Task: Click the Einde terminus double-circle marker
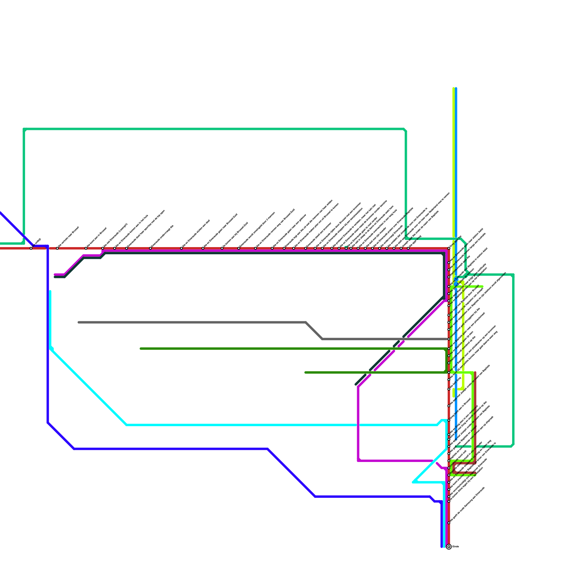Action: click(449, 547)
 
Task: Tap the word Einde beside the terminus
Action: click(456, 546)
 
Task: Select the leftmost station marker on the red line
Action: click(31, 248)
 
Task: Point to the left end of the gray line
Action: click(79, 322)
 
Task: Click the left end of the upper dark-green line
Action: click(141, 348)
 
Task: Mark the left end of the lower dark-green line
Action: click(305, 372)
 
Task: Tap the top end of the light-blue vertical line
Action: click(456, 88)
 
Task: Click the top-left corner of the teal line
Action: click(24, 129)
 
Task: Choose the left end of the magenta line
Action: click(55, 275)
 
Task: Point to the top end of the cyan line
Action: click(50, 291)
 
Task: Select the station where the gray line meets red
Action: click(449, 339)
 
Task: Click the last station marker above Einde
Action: click(449, 523)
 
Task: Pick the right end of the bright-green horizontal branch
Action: click(482, 286)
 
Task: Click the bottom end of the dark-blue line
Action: click(442, 547)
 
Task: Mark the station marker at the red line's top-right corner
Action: click(449, 248)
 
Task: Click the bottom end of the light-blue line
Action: click(456, 439)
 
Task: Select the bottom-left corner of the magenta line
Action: click(358, 461)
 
